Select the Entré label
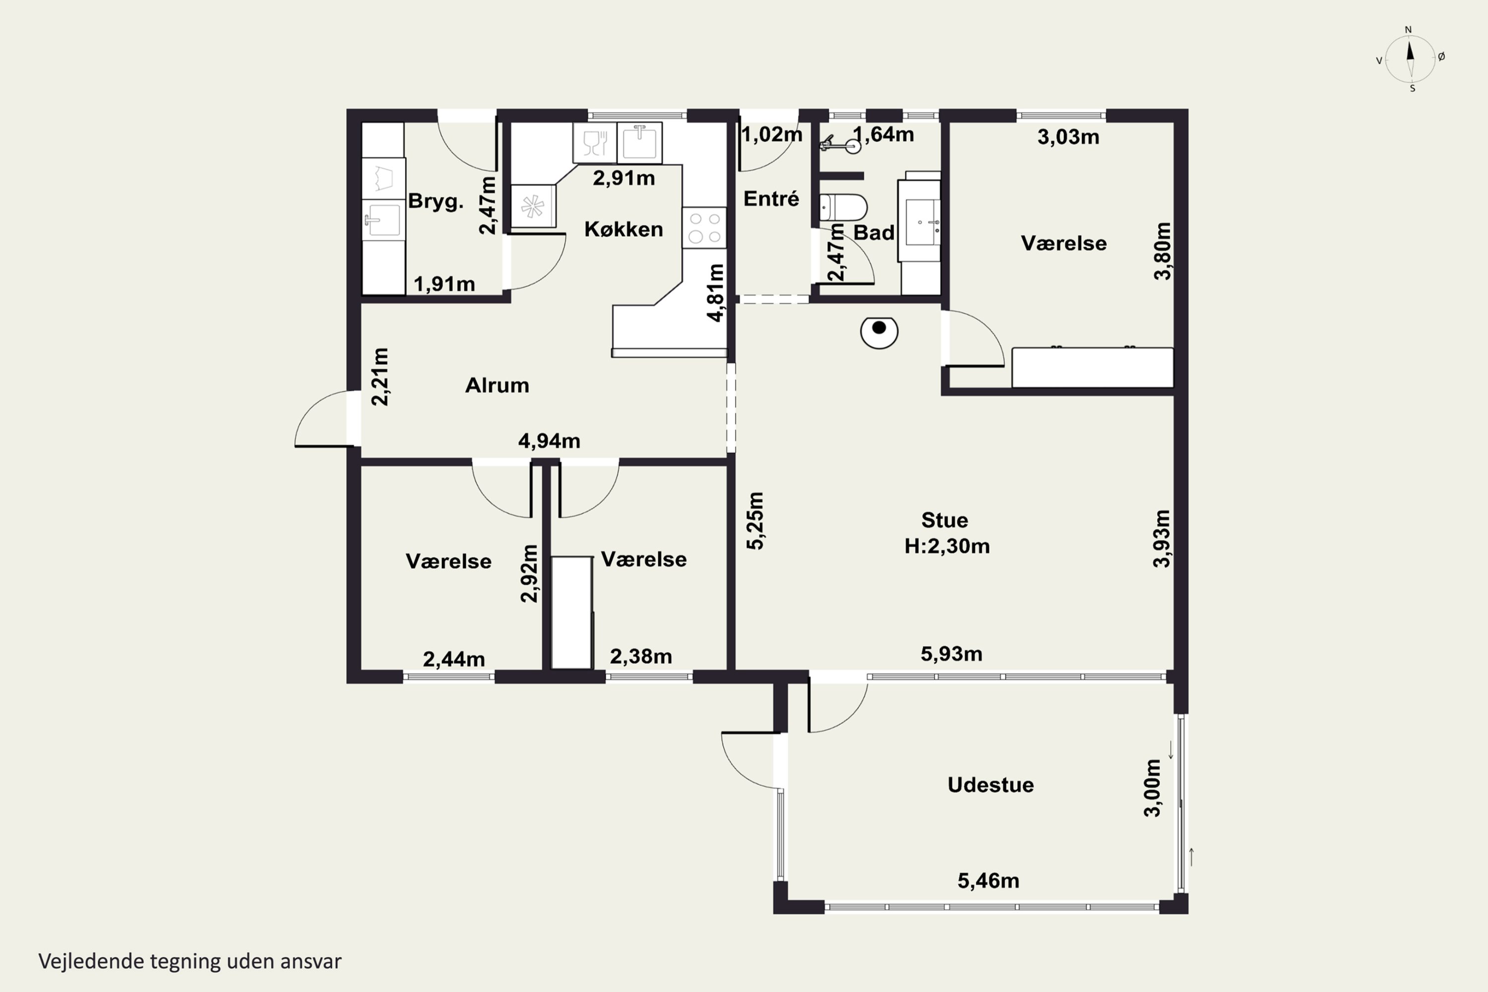pos(771,199)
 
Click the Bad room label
pos(873,233)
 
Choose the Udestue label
pos(991,785)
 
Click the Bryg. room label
pos(435,202)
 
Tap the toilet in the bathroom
pos(843,207)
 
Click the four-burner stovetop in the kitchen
pos(704,228)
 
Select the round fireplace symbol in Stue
pos(879,331)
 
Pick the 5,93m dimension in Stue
pos(951,654)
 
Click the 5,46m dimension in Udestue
pos(988,881)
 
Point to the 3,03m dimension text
pos(1068,137)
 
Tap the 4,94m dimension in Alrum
pos(549,441)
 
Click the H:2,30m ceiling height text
pos(947,546)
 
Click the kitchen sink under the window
pos(640,142)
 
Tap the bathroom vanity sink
pos(923,221)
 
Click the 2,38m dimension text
pos(641,657)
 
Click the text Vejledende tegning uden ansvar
pos(190,961)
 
